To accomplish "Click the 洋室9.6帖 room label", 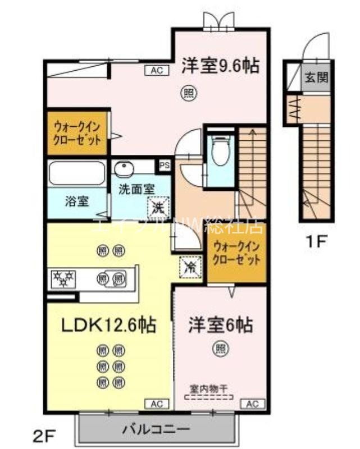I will click(220, 66).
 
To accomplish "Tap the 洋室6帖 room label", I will click(220, 324).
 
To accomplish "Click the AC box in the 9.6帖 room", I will click(157, 70).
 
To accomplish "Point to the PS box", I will click(164, 166).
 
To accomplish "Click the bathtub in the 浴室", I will click(76, 173).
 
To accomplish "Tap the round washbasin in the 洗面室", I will click(125, 168).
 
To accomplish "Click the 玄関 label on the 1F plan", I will click(316, 77).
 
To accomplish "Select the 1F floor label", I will click(316, 243).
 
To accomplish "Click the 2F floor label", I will click(45, 434).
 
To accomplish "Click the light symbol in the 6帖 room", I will click(220, 349).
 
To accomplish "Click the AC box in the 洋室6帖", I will click(252, 404).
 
